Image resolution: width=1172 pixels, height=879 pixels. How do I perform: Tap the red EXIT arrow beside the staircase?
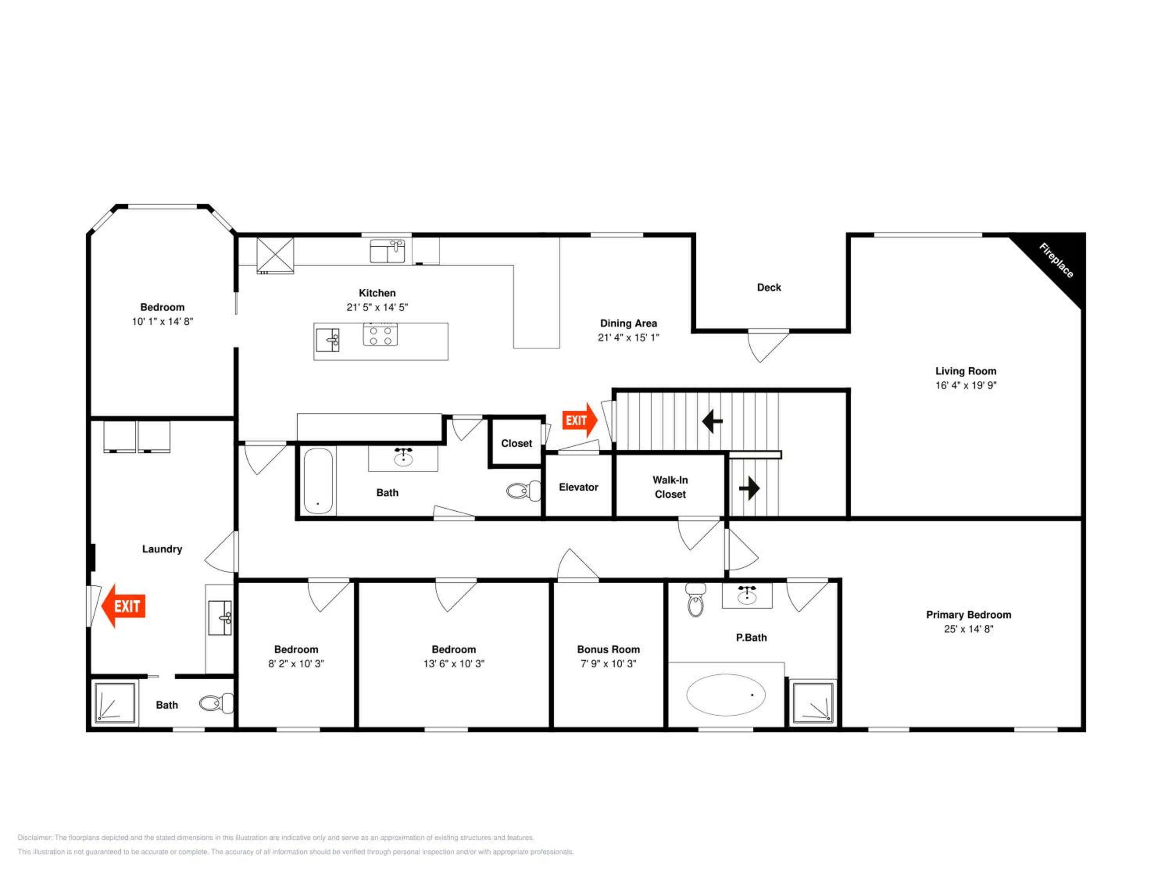(580, 420)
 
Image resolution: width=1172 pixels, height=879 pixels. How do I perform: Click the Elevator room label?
(579, 487)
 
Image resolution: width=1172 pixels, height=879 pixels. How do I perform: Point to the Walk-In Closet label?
(670, 487)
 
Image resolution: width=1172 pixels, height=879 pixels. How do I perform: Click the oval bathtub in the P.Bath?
(726, 695)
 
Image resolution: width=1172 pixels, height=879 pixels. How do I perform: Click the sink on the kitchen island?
(327, 339)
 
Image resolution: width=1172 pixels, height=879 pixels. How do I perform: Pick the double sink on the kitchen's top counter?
(387, 251)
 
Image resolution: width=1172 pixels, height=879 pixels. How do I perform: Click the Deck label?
(769, 287)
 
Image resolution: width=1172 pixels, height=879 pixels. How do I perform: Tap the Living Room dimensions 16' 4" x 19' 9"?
(966, 385)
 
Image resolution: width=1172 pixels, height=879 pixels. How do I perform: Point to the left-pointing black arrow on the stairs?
(712, 421)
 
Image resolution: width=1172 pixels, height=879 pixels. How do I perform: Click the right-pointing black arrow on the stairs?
(749, 488)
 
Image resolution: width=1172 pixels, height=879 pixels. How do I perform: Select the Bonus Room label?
(608, 649)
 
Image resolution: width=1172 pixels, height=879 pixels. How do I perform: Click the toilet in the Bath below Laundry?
(216, 703)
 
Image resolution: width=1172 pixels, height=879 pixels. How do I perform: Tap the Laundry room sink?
(220, 618)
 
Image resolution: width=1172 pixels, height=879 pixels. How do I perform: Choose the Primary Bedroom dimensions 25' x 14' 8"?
(968, 629)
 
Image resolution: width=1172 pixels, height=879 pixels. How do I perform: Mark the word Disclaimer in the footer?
(35, 838)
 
